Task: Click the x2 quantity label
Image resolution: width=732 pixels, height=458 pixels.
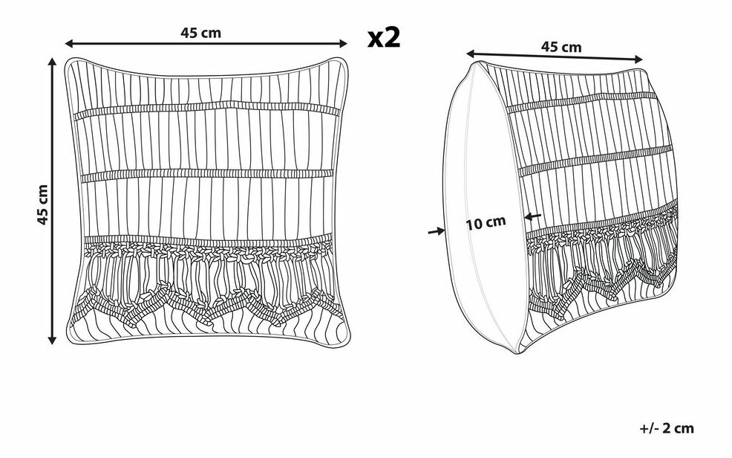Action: (384, 37)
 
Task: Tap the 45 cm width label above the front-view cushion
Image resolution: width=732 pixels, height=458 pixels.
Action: (200, 33)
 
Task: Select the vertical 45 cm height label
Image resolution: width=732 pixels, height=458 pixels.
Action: (43, 204)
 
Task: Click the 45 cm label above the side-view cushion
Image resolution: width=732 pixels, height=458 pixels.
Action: (561, 47)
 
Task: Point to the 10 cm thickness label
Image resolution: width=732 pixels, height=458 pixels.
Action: (486, 222)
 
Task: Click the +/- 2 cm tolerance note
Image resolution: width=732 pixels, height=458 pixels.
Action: (667, 428)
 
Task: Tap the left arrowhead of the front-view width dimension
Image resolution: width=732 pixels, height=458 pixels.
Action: (69, 43)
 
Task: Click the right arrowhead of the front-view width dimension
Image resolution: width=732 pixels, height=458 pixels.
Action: (343, 43)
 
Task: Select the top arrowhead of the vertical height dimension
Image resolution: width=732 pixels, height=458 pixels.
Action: (52, 62)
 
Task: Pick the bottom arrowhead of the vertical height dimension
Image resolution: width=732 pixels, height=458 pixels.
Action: (52, 340)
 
